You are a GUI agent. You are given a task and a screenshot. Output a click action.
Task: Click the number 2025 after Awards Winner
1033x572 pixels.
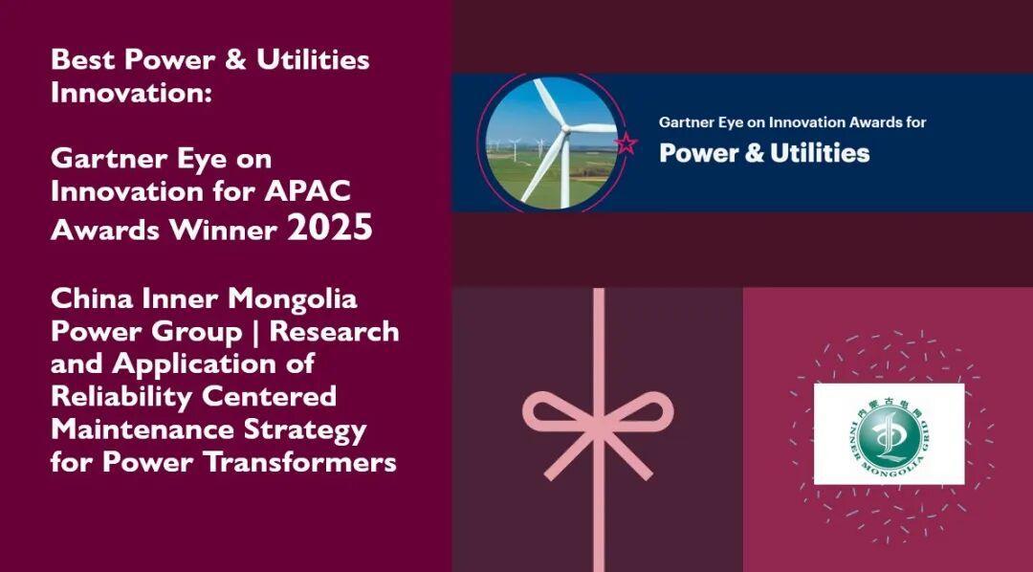(330, 228)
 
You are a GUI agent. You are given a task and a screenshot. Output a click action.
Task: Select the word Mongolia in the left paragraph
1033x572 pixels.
(293, 299)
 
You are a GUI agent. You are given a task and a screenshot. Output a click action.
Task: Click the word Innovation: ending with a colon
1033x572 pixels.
(132, 93)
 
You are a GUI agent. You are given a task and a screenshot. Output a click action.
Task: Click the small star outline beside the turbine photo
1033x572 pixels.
(626, 143)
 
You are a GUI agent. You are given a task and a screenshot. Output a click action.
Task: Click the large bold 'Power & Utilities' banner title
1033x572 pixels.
(764, 153)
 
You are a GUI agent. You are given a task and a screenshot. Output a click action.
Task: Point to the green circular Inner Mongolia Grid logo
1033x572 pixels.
(889, 434)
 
